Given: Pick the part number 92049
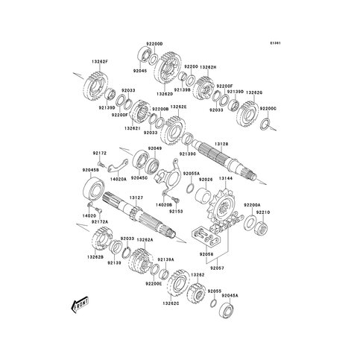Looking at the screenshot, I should tap(155, 149).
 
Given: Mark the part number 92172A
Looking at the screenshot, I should tap(100, 221).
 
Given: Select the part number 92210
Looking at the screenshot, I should tap(264, 212).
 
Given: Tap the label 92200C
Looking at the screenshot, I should tap(268, 108).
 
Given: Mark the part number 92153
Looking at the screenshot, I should tap(176, 211).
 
